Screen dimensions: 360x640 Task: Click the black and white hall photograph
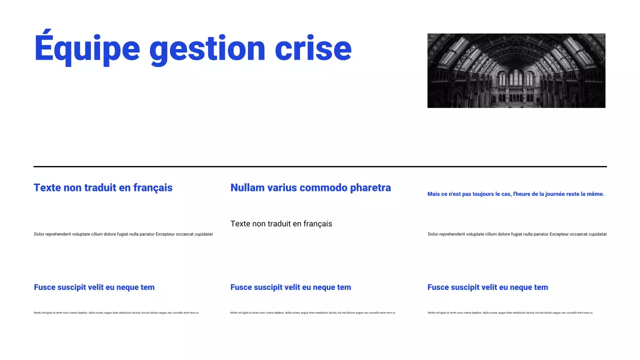pos(516,70)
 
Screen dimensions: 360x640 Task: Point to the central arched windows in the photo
pos(515,78)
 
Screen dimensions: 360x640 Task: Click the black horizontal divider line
pos(320,166)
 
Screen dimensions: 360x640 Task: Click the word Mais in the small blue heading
pos(433,194)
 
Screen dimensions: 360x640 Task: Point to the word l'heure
pos(522,194)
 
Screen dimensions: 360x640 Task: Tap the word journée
pos(554,194)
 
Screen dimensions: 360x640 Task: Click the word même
pos(595,194)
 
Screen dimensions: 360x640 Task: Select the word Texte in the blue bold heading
pos(47,187)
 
